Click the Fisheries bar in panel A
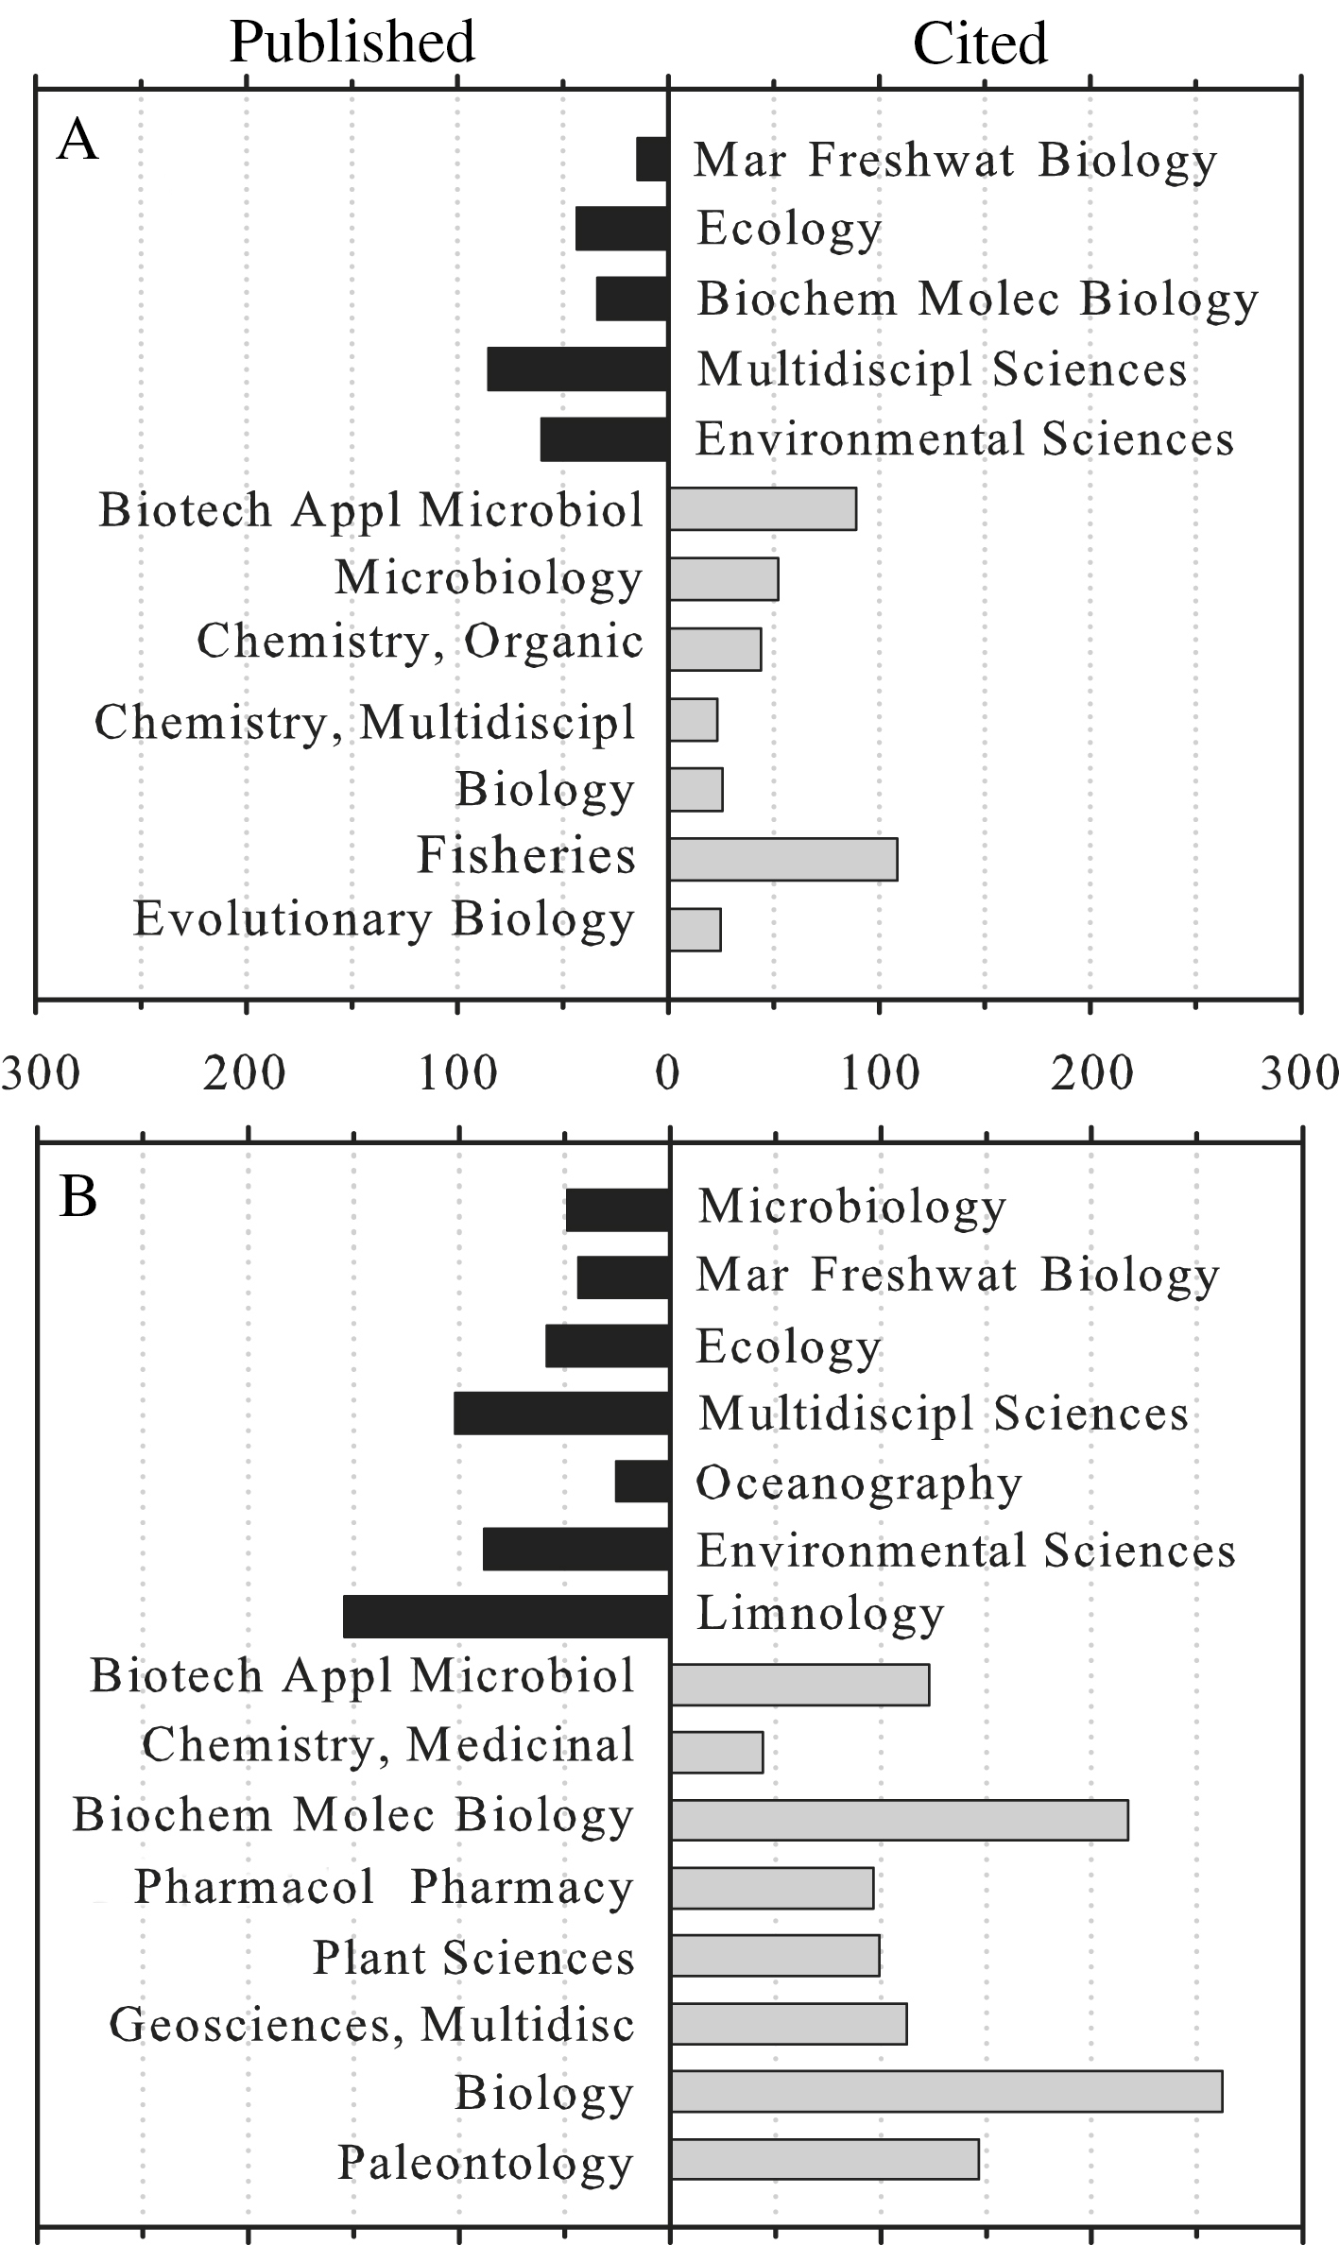(x=782, y=859)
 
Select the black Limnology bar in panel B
(x=506, y=1617)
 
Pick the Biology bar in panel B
(x=946, y=2091)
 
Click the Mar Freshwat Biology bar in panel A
(x=652, y=159)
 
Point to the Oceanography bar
(x=643, y=1481)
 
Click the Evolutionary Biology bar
(x=695, y=929)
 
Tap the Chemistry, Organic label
(x=421, y=643)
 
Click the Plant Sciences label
(x=474, y=1957)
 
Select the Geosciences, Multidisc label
(x=372, y=2025)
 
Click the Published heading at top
(x=352, y=43)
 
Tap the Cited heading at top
(x=980, y=43)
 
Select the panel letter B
(x=77, y=1198)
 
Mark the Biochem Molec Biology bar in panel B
(x=899, y=1820)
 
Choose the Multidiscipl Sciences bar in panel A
(x=577, y=368)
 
